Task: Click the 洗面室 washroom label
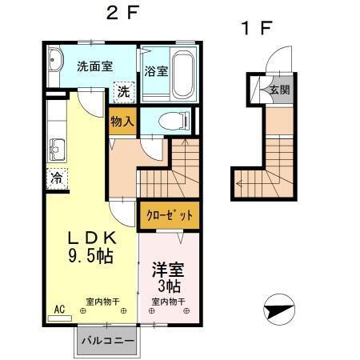[94, 67]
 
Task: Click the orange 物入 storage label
[122, 121]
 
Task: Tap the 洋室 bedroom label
[167, 268]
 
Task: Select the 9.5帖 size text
[90, 257]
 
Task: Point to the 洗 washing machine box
[123, 91]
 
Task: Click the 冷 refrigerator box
[58, 178]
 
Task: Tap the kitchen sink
[57, 148]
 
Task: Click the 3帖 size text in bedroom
[167, 286]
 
